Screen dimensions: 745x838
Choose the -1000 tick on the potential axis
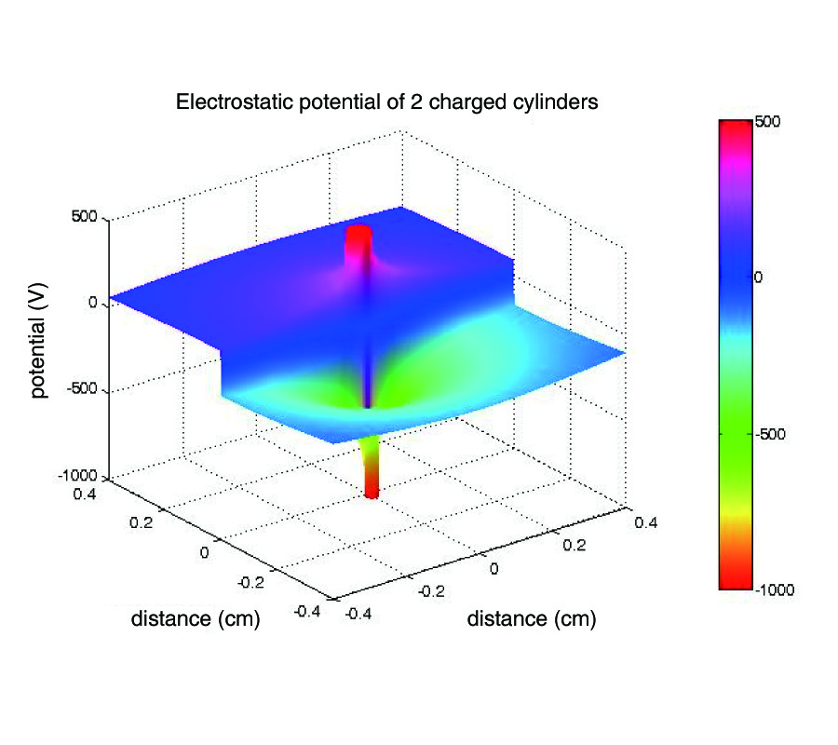pyautogui.click(x=80, y=477)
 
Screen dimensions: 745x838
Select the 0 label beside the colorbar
pyautogui.click(x=759, y=278)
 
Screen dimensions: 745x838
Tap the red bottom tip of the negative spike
pyautogui.click(x=372, y=490)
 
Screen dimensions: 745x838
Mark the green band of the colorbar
pyautogui.click(x=735, y=419)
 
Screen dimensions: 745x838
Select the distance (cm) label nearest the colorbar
pyautogui.click(x=531, y=618)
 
